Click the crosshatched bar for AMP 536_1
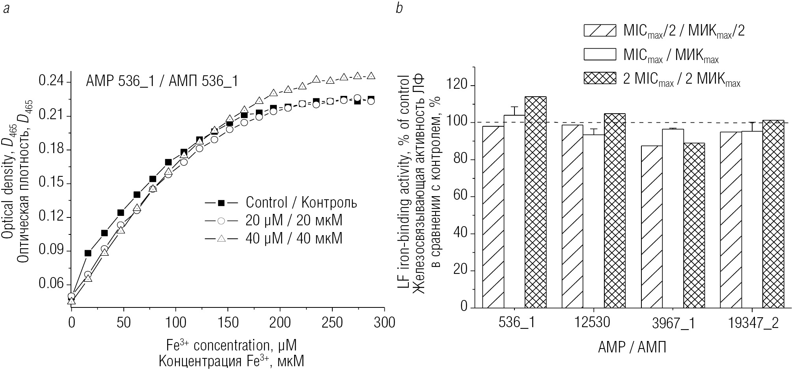(535, 202)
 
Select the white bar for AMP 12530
(593, 221)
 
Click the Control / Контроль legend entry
(281, 203)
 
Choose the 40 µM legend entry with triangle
(274, 238)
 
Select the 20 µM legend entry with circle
(274, 221)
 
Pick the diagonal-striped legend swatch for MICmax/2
(600, 31)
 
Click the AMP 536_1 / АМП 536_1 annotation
(162, 82)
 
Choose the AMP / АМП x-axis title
(632, 347)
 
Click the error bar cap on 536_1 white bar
(514, 107)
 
